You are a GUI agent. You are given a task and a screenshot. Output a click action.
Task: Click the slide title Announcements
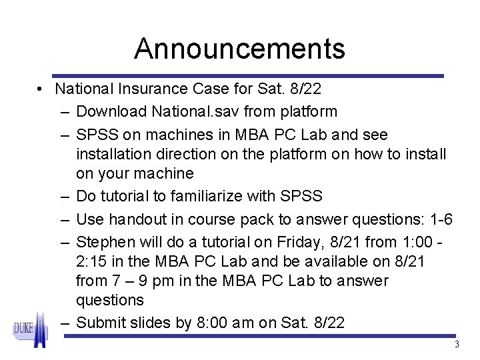[239, 49]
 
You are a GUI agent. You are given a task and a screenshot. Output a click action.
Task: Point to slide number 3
[457, 345]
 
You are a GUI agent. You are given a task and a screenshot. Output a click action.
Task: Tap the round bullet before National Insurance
[41, 89]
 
